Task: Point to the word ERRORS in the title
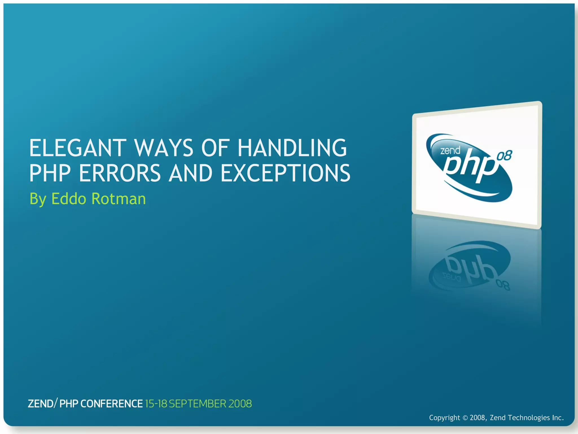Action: (120, 173)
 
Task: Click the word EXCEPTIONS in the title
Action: (285, 173)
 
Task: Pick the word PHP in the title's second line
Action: (50, 173)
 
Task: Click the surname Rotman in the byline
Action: (119, 199)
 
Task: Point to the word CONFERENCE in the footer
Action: (111, 404)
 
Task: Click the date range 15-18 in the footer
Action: (156, 404)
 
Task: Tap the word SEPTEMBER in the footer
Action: (198, 404)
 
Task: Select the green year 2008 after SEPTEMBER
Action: (240, 404)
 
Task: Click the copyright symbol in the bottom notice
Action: (465, 418)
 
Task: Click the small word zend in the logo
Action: (450, 150)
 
